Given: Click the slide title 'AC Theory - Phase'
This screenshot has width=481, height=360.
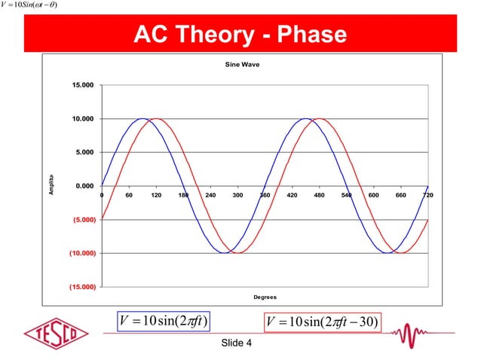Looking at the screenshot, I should tap(240, 35).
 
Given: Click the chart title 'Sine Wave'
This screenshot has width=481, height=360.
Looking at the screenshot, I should tap(240, 66).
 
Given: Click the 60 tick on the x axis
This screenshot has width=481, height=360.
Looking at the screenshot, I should tap(129, 194).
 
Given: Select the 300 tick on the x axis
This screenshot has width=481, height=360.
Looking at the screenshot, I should tap(237, 194).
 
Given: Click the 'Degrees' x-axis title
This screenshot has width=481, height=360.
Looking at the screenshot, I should tap(265, 297).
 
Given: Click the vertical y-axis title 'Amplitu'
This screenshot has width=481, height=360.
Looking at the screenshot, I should tap(51, 185).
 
